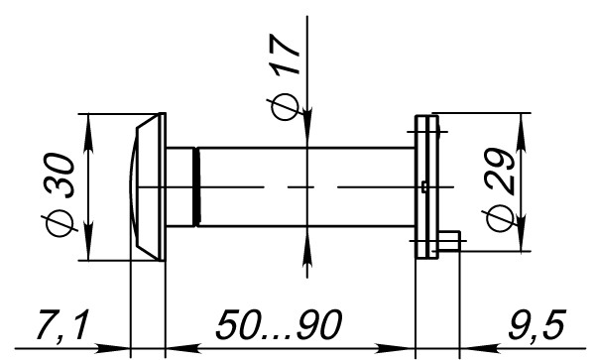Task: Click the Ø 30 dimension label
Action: [60, 195]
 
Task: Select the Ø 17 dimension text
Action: [285, 77]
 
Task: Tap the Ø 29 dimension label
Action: [500, 189]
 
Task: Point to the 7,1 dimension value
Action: [63, 325]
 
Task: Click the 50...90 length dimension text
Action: [279, 324]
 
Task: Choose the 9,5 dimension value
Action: [536, 325]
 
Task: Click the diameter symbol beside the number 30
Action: [60, 224]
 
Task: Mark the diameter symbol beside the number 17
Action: [285, 107]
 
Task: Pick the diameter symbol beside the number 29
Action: [500, 218]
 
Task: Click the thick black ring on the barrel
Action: [196, 187]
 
